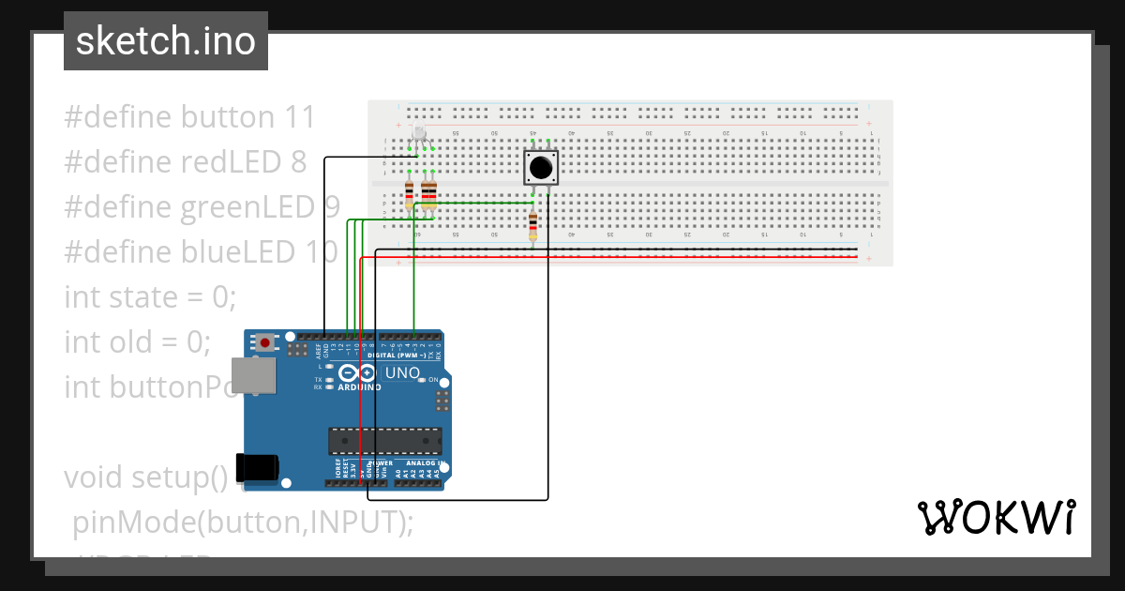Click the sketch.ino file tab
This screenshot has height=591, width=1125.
(x=166, y=41)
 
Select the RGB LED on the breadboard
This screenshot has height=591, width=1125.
(x=419, y=134)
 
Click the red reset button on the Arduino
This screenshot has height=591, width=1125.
(x=266, y=342)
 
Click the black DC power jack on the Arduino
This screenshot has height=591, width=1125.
(x=258, y=467)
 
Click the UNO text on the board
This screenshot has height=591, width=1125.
(x=402, y=373)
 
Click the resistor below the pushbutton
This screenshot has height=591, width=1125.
(x=533, y=225)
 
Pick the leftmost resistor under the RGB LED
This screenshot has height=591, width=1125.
(x=409, y=195)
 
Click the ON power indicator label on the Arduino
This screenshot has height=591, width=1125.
(x=433, y=380)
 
